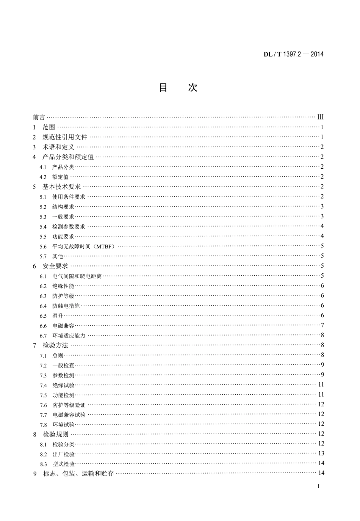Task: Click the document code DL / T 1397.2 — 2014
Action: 294,54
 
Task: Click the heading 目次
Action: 178,88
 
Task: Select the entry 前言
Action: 39,117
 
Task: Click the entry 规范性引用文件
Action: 65,137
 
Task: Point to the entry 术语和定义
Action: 58,147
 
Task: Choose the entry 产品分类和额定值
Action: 68,157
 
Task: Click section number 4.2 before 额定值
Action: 43,177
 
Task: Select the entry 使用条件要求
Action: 69,197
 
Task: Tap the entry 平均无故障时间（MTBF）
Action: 83,246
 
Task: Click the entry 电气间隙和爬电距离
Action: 77,276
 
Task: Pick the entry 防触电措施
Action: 66,306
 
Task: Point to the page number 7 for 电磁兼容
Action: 322,325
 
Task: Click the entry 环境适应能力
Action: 69,336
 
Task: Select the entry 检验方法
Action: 55,345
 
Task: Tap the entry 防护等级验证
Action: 69,405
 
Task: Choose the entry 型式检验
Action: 63,464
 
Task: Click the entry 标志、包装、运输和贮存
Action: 78,474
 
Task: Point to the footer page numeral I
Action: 318,486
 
